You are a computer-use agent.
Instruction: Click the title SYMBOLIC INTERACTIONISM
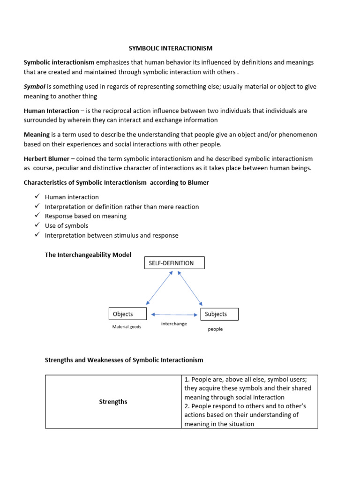[x=171, y=48]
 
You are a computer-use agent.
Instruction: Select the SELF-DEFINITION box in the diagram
[x=174, y=263]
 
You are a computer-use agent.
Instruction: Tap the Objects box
[x=127, y=314]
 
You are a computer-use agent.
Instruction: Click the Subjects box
[x=219, y=314]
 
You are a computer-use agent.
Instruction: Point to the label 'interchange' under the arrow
[x=174, y=324]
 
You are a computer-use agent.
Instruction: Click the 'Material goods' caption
[x=127, y=327]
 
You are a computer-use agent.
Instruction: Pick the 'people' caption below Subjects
[x=215, y=329]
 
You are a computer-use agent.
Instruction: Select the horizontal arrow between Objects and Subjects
[x=174, y=315]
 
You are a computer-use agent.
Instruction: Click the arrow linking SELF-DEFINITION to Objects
[x=159, y=288]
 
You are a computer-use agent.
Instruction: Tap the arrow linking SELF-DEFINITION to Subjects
[x=190, y=288]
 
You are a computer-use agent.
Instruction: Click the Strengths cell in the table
[x=113, y=402]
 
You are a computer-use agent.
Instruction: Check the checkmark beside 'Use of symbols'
[x=37, y=225]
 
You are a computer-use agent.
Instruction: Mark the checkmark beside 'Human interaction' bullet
[x=37, y=197]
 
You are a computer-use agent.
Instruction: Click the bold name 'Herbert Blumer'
[x=48, y=159]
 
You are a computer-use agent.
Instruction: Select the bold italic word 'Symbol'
[x=34, y=86]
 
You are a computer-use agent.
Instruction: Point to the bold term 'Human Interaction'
[x=52, y=111]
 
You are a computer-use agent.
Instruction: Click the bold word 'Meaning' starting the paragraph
[x=37, y=135]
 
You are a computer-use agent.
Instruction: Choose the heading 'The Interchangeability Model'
[x=88, y=255]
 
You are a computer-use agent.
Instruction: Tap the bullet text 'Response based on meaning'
[x=86, y=216]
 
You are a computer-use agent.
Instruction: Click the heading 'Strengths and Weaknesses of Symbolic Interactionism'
[x=124, y=360]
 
